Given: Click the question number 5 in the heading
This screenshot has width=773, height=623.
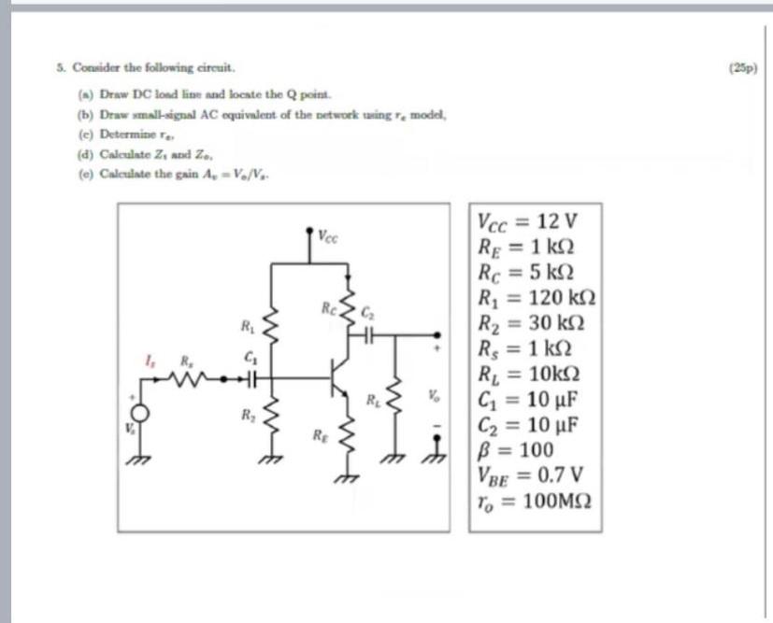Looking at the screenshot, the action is pyautogui.click(x=58, y=68).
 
